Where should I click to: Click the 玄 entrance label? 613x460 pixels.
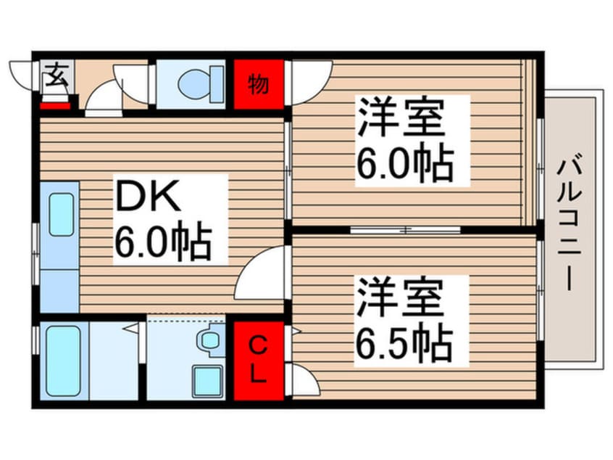pyautogui.click(x=56, y=75)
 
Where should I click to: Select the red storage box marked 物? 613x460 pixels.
pyautogui.click(x=259, y=84)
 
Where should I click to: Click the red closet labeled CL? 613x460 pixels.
pyautogui.click(x=259, y=361)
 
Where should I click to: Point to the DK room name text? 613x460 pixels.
pyautogui.click(x=147, y=197)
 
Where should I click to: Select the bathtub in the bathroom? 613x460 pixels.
pyautogui.click(x=63, y=361)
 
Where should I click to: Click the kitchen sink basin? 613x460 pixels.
pyautogui.click(x=62, y=215)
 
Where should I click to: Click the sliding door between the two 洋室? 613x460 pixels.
pyautogui.click(x=405, y=230)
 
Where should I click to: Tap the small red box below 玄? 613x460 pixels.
pyautogui.click(x=55, y=106)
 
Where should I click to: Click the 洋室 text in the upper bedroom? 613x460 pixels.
pyautogui.click(x=401, y=118)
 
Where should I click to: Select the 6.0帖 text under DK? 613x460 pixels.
pyautogui.click(x=163, y=241)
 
